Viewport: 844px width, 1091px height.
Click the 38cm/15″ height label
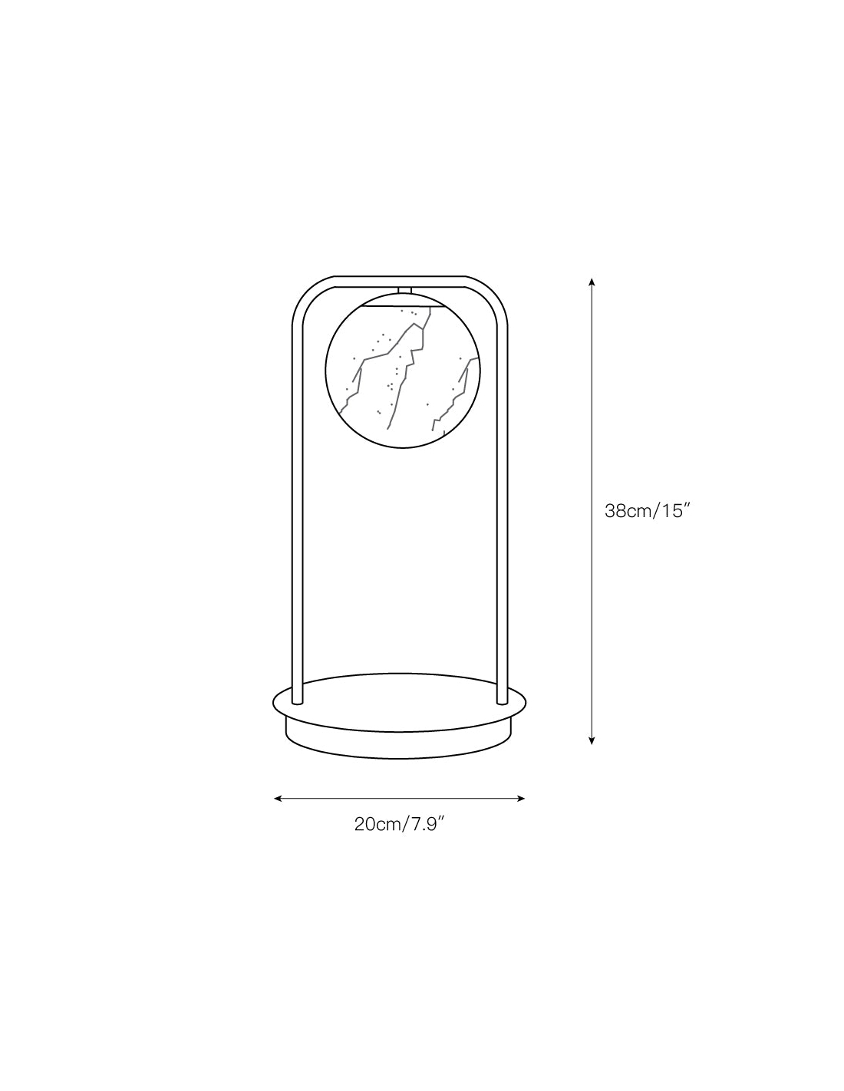[645, 511]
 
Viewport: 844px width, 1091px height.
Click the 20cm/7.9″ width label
[400, 825]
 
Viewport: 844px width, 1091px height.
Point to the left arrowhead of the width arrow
[278, 798]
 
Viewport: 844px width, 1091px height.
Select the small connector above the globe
[404, 290]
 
